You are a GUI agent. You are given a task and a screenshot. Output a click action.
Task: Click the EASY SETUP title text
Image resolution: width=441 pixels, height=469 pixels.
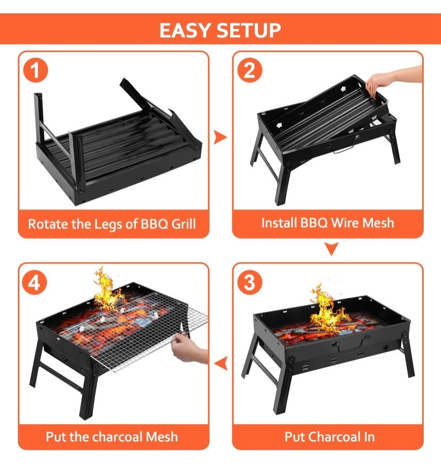click(x=220, y=30)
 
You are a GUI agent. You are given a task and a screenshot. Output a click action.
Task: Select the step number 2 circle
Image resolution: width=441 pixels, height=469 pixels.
click(x=249, y=71)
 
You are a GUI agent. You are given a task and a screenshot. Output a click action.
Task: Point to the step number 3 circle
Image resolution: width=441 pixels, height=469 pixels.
click(x=249, y=282)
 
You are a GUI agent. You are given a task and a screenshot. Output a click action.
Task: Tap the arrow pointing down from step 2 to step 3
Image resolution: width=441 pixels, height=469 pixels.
click(x=332, y=248)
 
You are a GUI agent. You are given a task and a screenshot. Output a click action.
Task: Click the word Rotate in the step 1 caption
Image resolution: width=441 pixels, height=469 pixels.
click(x=45, y=223)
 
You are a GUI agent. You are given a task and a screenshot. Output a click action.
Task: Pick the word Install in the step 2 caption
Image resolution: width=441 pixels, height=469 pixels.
click(x=278, y=222)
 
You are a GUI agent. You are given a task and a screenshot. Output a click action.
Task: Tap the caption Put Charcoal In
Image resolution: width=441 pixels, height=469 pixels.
click(x=329, y=437)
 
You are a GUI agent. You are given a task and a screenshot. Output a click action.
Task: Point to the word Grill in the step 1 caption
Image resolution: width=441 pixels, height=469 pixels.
click(x=184, y=223)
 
